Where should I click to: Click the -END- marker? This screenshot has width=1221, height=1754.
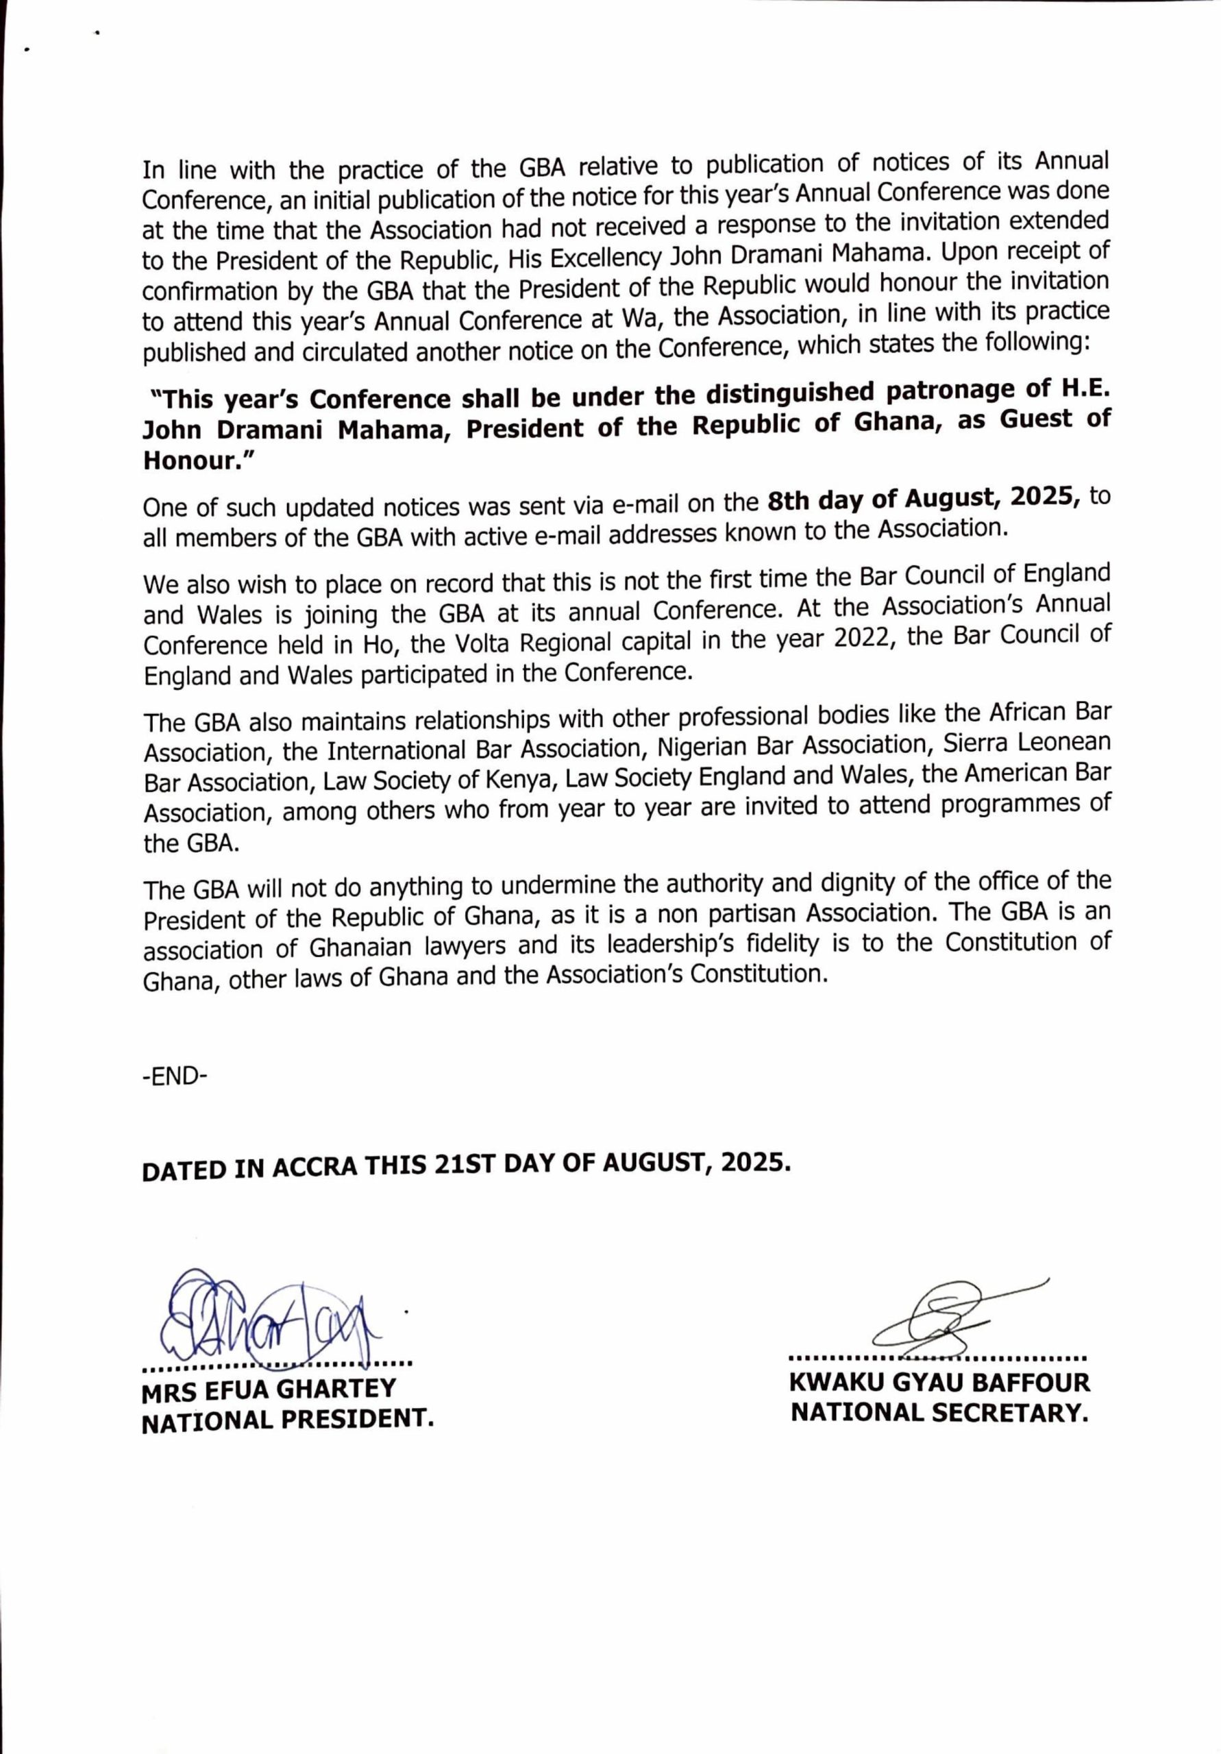(175, 1077)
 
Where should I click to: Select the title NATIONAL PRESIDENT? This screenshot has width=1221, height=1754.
(287, 1420)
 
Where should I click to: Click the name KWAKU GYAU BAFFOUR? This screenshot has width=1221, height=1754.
(939, 1383)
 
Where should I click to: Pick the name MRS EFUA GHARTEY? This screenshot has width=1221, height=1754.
(269, 1389)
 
